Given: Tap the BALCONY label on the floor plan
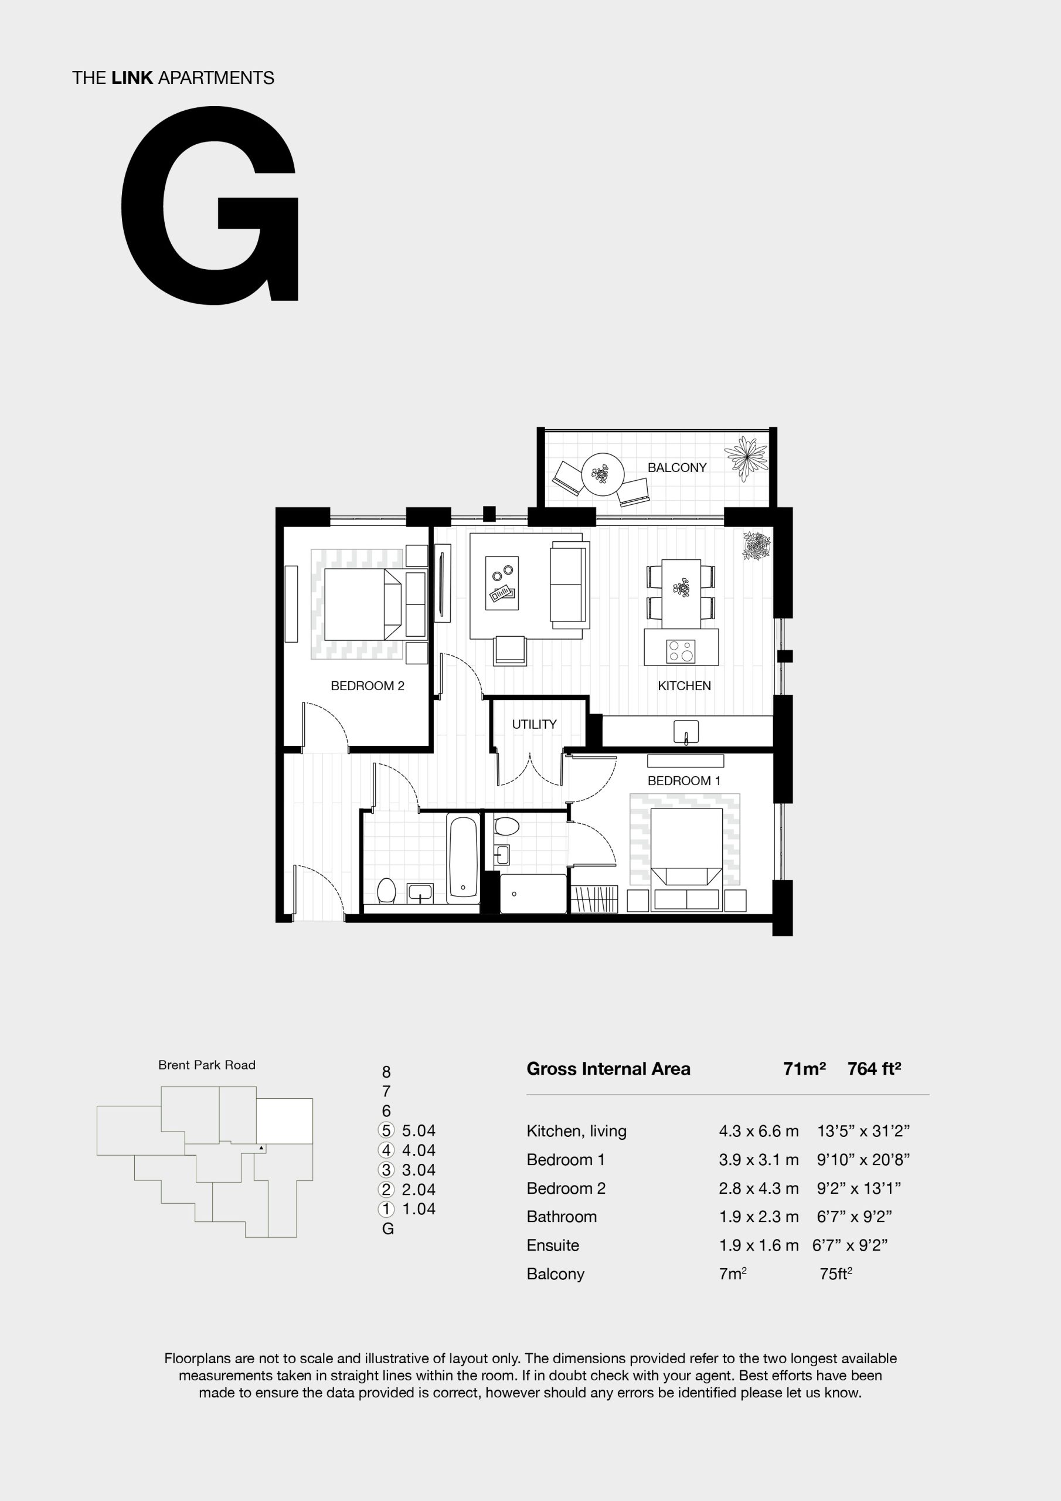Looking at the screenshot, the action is (676, 467).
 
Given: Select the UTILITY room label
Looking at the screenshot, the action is (534, 724).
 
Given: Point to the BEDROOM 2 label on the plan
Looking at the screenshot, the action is (368, 686).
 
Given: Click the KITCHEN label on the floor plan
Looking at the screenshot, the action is (684, 686).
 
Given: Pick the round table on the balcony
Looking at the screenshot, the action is (603, 473).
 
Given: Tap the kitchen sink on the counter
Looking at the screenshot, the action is (686, 732).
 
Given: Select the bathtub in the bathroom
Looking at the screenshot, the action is (464, 857).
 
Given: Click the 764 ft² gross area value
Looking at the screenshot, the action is (874, 1069).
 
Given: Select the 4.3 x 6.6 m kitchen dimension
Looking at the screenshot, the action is (759, 1131).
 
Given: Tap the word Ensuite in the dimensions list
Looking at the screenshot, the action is (552, 1245).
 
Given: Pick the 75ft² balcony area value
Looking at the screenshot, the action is (835, 1274).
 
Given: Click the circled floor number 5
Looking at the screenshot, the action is (386, 1130).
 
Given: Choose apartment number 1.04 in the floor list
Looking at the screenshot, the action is (419, 1209).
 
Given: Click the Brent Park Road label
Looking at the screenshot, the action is (206, 1065).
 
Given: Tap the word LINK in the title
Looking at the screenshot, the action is (132, 78).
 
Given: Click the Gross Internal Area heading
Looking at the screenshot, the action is (608, 1069).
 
